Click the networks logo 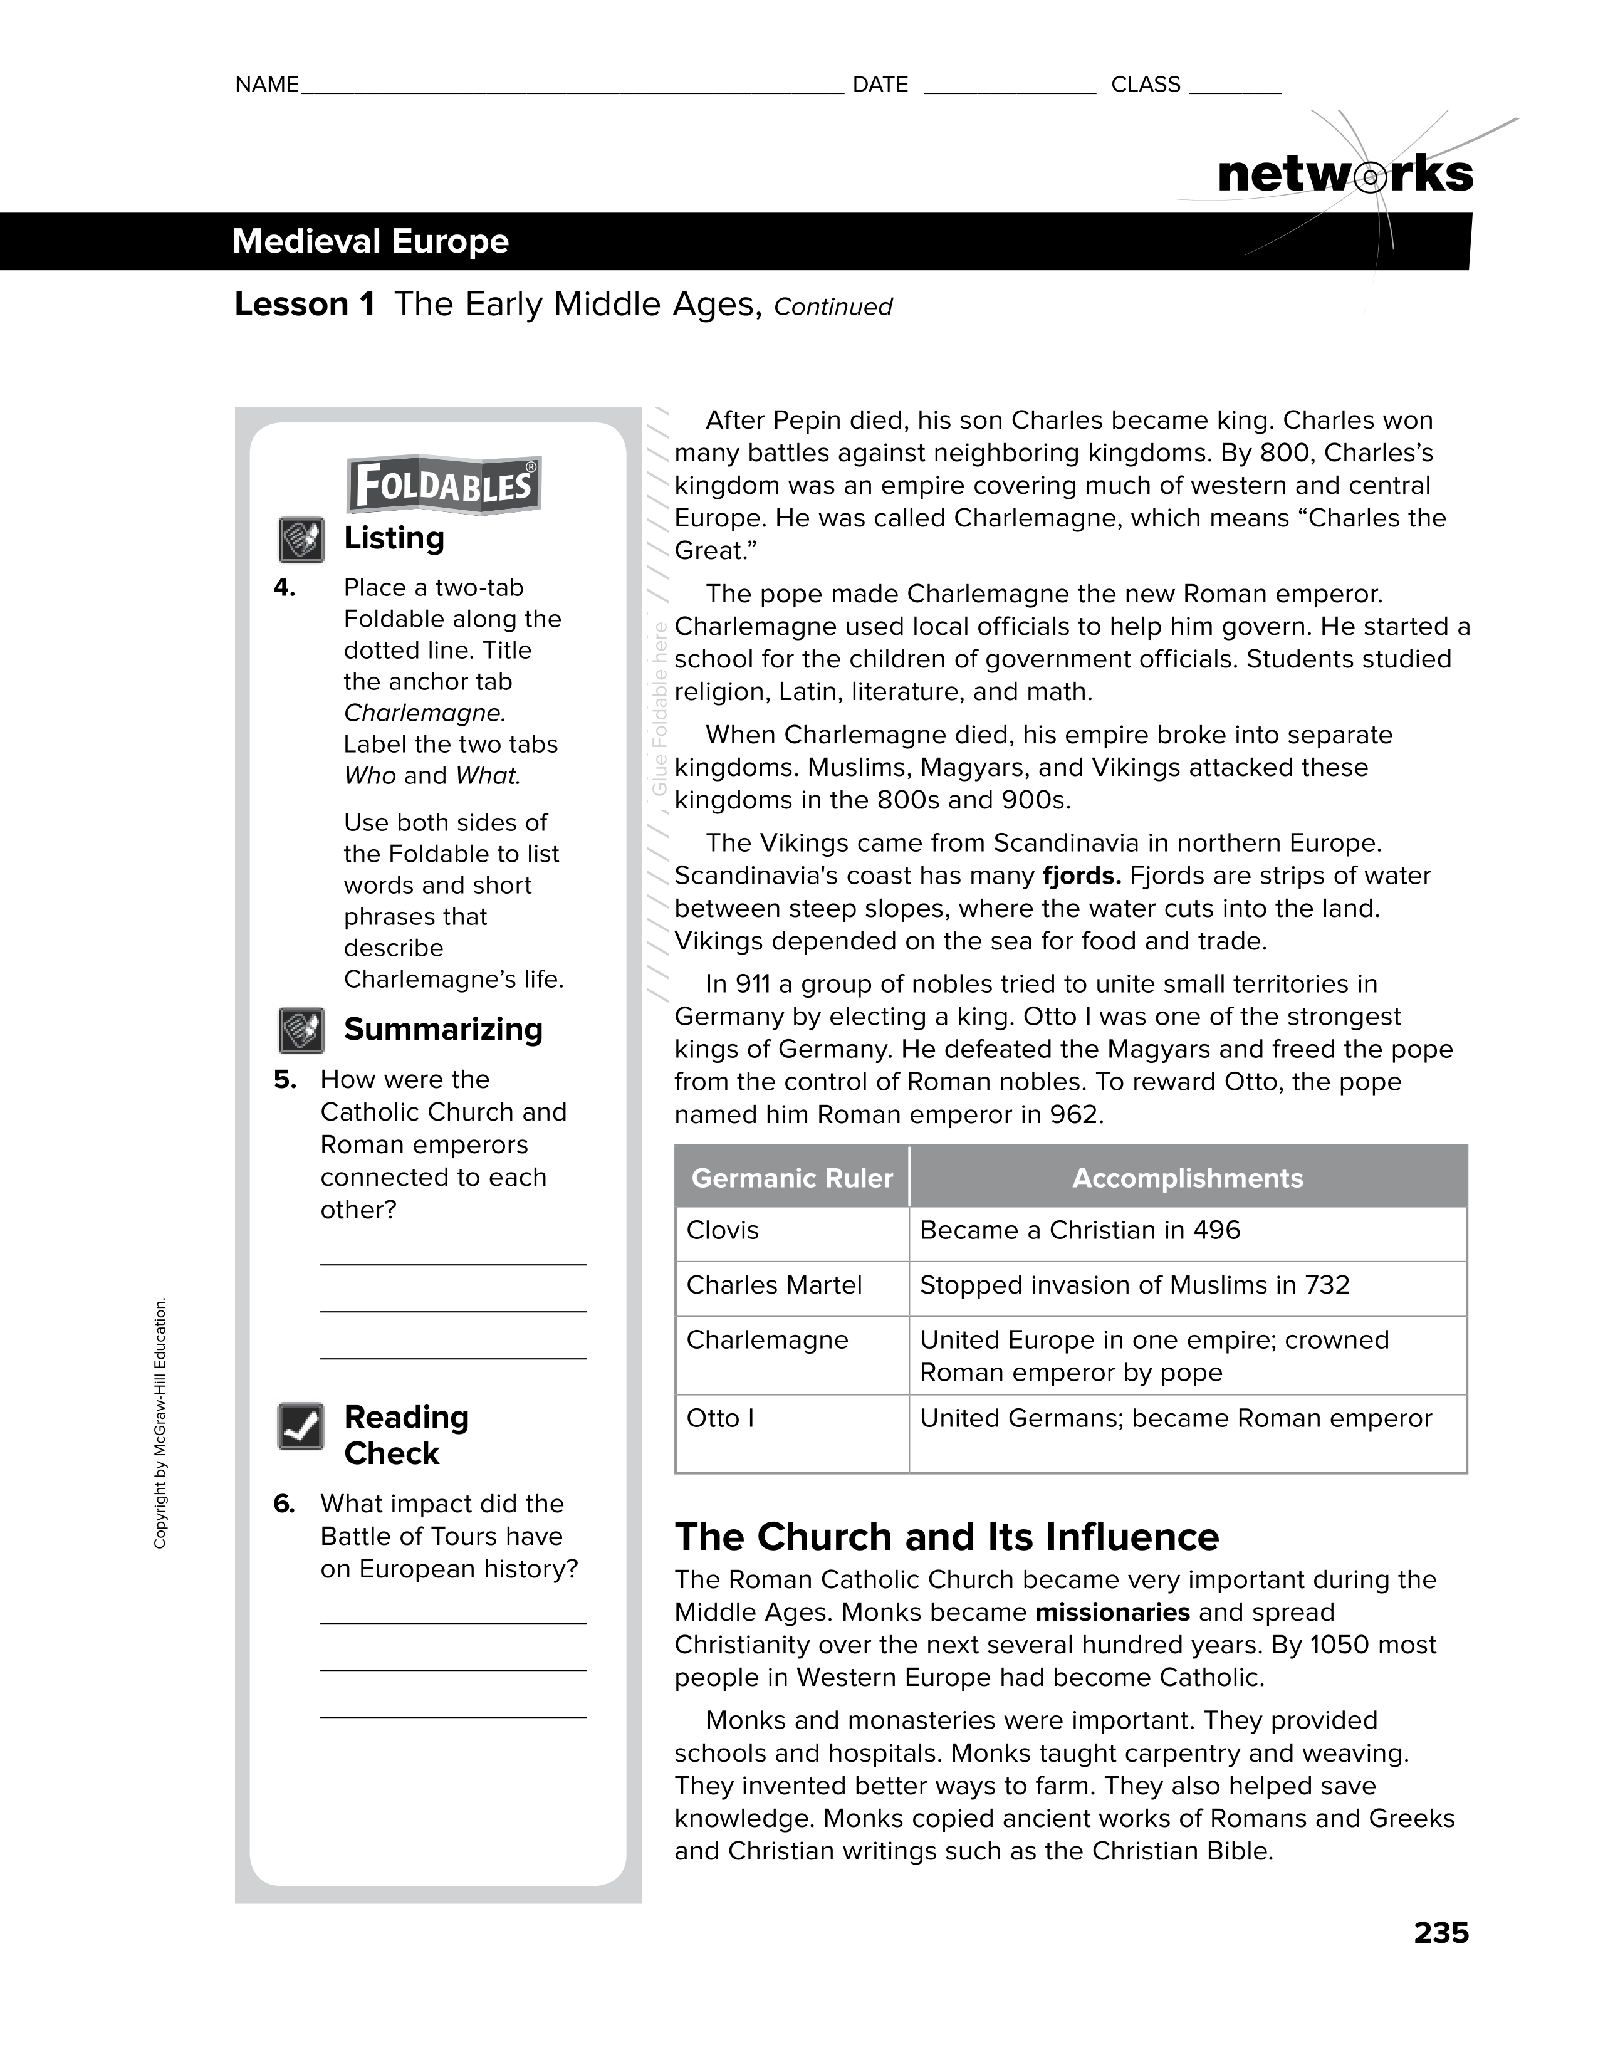coord(1345,175)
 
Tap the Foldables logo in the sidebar coord(443,485)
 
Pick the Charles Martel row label coord(773,1285)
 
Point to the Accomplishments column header coord(1187,1178)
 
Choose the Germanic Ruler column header coord(792,1178)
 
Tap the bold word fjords coord(1081,876)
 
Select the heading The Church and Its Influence coord(946,1537)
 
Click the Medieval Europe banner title coord(371,241)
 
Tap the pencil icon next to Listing coord(301,540)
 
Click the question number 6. coord(285,1504)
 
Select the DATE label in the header coord(880,85)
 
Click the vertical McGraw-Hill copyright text coord(160,1423)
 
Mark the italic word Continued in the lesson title coord(833,307)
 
